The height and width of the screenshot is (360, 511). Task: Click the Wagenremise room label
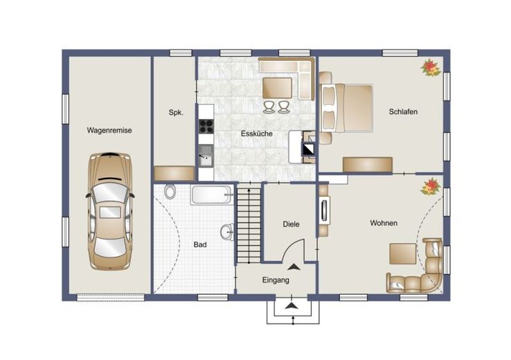click(109, 130)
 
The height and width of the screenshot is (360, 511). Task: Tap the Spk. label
click(176, 113)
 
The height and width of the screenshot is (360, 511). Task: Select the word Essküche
click(257, 134)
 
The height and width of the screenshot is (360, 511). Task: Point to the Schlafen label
click(403, 111)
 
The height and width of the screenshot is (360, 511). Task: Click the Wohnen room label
click(384, 223)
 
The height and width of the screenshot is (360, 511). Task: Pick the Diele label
click(291, 224)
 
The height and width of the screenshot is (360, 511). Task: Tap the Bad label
click(200, 244)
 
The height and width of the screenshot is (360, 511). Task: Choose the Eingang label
click(276, 280)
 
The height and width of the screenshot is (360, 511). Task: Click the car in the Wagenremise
click(111, 211)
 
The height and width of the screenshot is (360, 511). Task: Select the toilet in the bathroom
click(170, 192)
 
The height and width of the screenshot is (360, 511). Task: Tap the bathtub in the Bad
click(212, 195)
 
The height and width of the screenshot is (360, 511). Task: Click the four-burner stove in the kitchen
click(206, 126)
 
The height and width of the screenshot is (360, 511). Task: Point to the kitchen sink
click(206, 156)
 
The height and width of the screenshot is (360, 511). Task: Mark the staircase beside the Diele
click(249, 223)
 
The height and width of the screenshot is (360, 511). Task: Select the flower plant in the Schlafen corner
click(431, 67)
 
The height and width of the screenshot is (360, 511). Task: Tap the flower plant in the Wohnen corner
click(431, 186)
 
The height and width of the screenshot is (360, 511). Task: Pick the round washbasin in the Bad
click(228, 232)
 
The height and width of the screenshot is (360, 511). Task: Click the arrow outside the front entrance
click(293, 305)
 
